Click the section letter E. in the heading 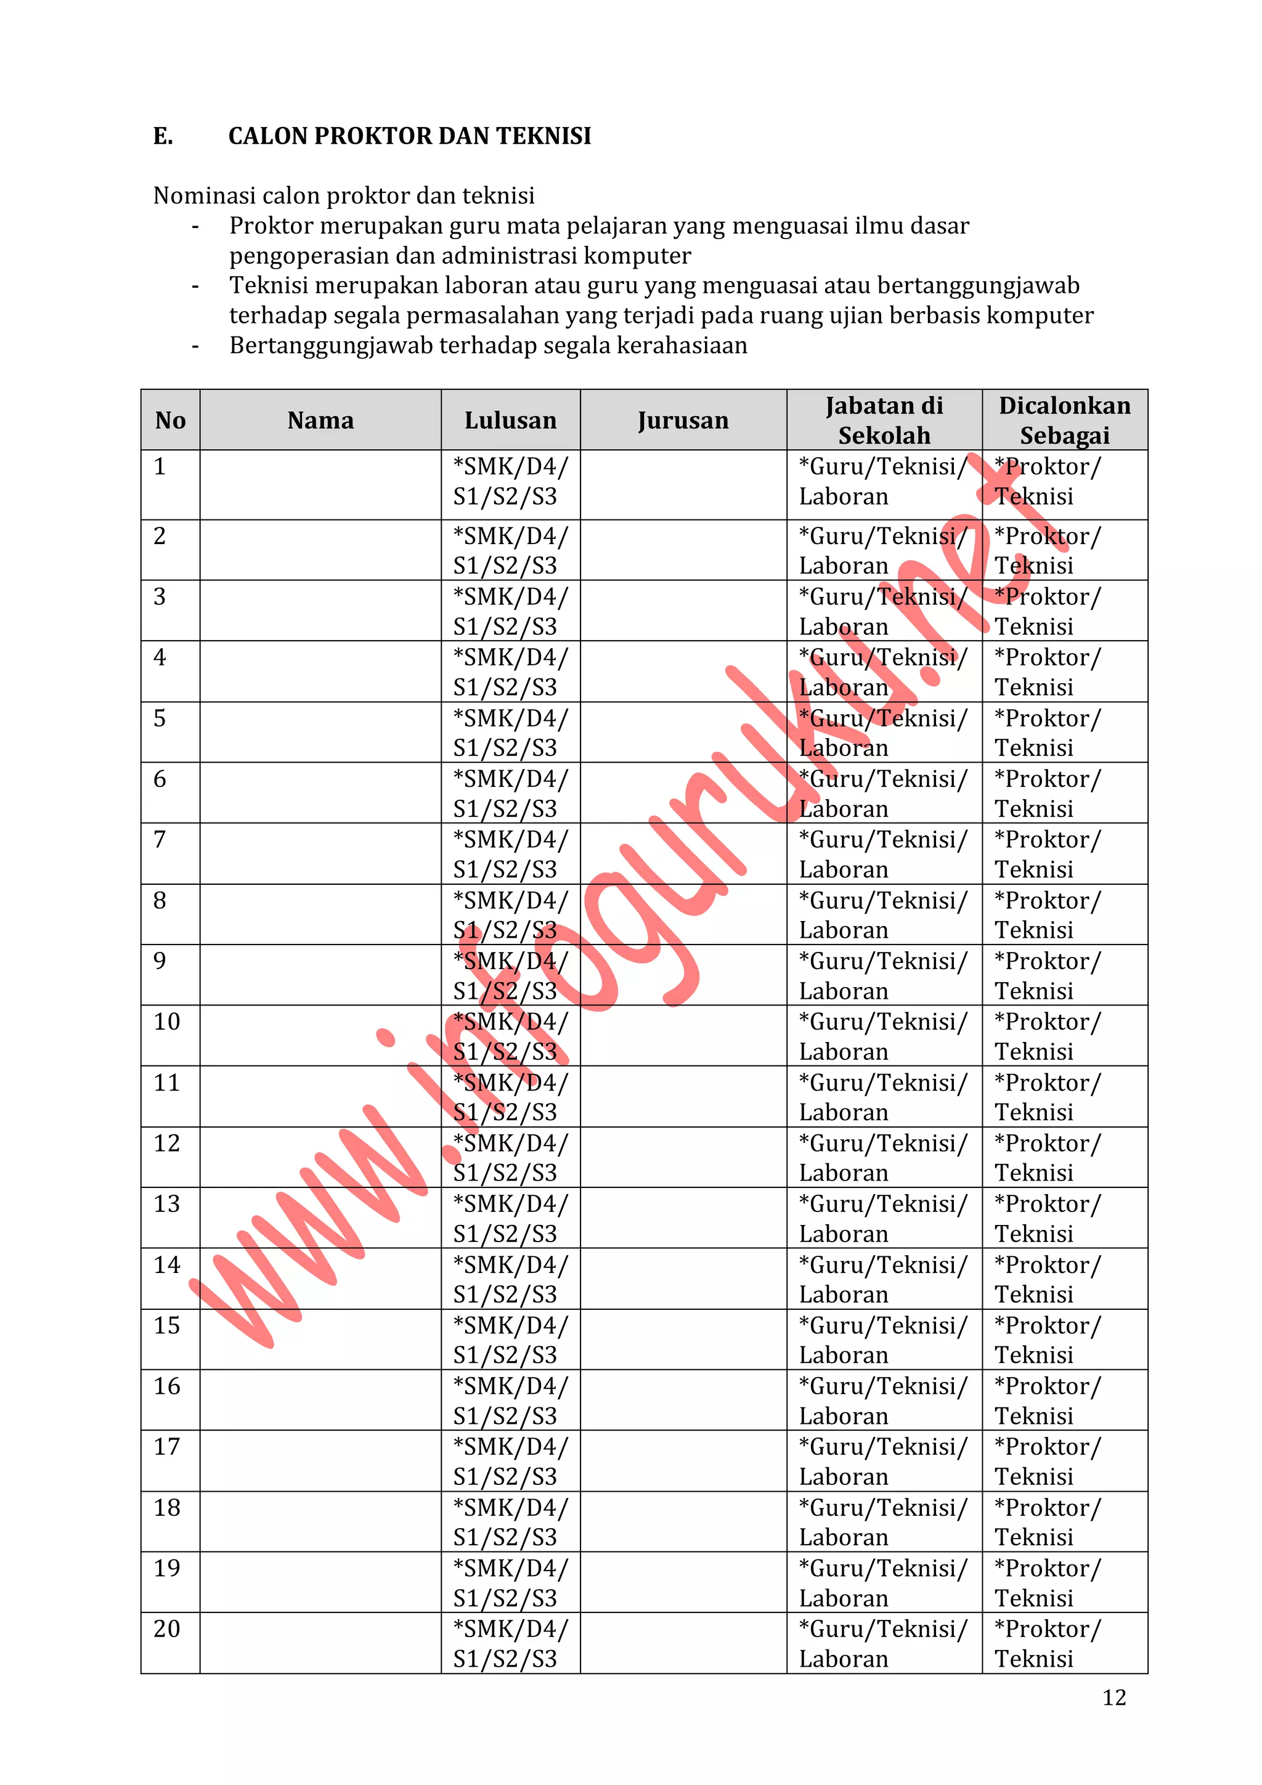163,136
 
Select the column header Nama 320,421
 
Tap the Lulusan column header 510,421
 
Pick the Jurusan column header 683,421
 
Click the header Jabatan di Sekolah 884,421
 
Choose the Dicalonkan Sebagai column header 1064,421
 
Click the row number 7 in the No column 160,840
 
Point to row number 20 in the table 166,1628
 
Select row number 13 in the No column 166,1203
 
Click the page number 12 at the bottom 1113,1697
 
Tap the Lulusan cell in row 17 510,1461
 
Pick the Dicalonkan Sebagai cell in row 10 1048,1036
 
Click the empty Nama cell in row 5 320,733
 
